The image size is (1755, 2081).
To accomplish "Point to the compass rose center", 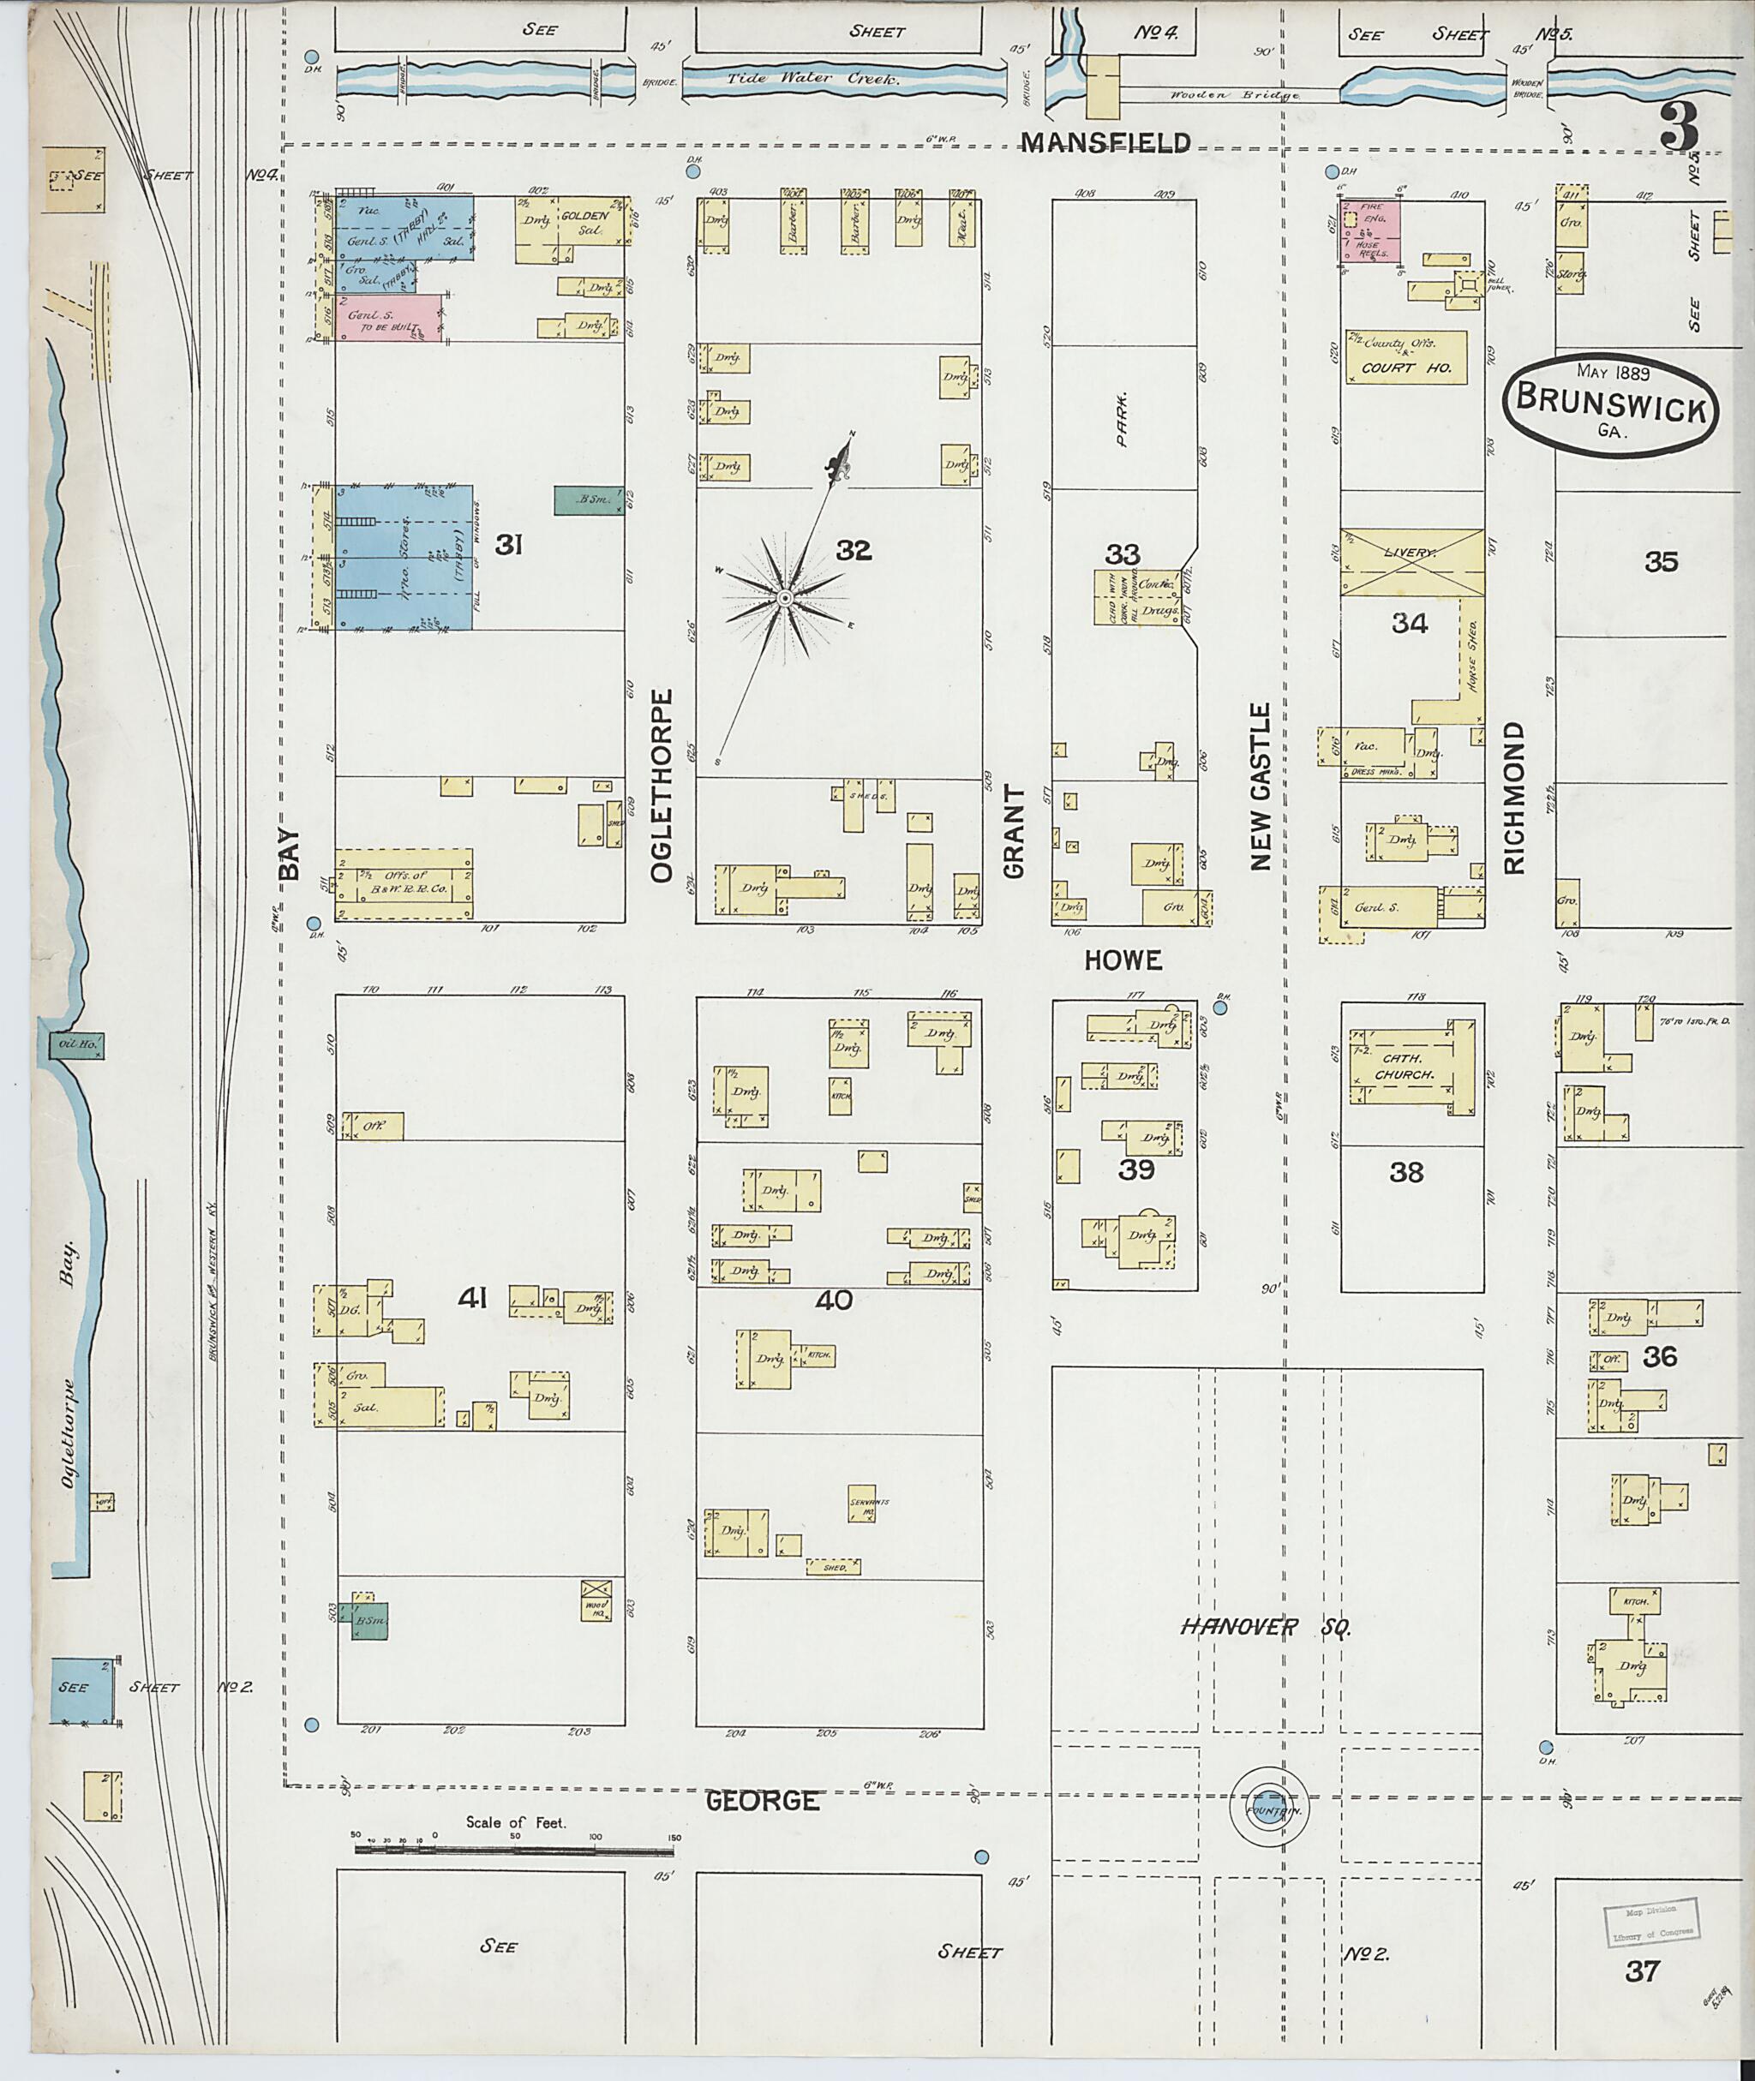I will [784, 598].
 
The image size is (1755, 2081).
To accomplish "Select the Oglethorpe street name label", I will [662, 785].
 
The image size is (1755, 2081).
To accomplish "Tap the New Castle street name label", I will [1261, 786].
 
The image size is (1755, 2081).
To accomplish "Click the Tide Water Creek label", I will [812, 79].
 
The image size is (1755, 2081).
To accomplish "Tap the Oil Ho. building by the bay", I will [75, 1043].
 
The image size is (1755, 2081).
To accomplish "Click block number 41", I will [472, 1297].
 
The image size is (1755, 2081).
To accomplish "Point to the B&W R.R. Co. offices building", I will [403, 883].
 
